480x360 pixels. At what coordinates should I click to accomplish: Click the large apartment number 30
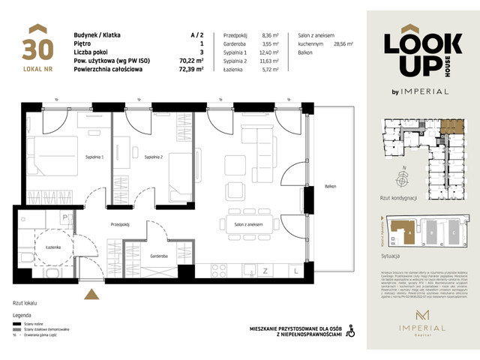37,49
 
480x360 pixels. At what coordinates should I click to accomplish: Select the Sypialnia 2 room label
154,157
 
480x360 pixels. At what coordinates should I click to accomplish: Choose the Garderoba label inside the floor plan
157,255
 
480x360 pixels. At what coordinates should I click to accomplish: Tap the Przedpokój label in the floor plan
121,224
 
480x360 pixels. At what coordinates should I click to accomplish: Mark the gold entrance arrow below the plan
91,295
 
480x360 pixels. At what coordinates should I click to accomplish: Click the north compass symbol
404,178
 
